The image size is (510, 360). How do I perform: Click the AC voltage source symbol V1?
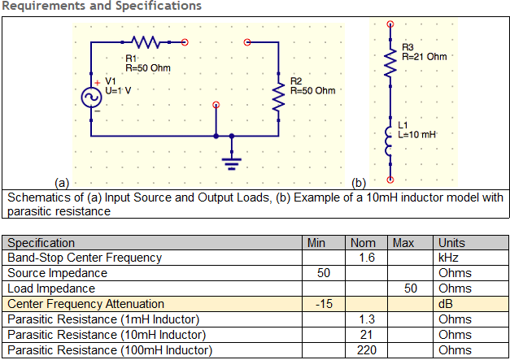pyautogui.click(x=91, y=98)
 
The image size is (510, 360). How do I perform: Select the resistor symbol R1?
pyautogui.click(x=146, y=42)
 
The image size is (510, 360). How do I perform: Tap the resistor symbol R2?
pyautogui.click(x=278, y=98)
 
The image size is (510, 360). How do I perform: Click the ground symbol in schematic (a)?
pyautogui.click(x=232, y=163)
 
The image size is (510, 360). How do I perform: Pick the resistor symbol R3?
pyautogui.click(x=390, y=63)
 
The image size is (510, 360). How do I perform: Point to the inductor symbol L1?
pyautogui.click(x=389, y=141)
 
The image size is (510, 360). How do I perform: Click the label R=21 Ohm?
pyautogui.click(x=425, y=57)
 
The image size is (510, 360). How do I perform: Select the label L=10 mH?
pyautogui.click(x=417, y=135)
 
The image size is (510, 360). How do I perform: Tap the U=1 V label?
pyautogui.click(x=118, y=90)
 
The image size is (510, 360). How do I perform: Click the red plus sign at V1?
pyautogui.click(x=97, y=83)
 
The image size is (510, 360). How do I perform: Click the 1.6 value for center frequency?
pyautogui.click(x=367, y=258)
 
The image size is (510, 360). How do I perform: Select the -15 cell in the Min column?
pyautogui.click(x=324, y=304)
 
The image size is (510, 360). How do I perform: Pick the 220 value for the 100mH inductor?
pyautogui.click(x=367, y=350)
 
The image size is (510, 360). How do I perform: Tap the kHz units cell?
pyautogui.click(x=448, y=258)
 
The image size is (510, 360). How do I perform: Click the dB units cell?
pyautogui.click(x=446, y=304)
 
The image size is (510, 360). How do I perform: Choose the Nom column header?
pyautogui.click(x=363, y=243)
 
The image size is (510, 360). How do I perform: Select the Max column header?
pyautogui.click(x=403, y=243)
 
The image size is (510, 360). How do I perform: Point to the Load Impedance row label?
pyautogui.click(x=51, y=288)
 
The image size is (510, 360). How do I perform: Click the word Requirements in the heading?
pyautogui.click(x=44, y=6)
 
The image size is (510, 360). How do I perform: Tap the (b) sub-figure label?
pyautogui.click(x=359, y=183)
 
